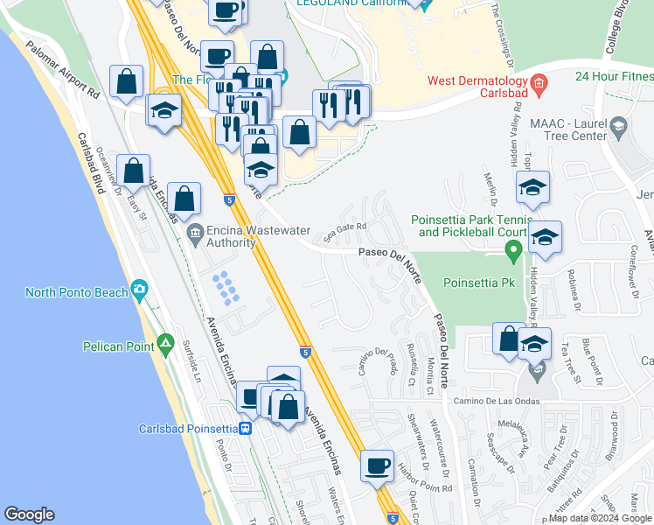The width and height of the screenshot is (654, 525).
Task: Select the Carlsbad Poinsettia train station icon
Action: (247, 429)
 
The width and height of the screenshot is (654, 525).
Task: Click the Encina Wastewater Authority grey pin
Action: (195, 233)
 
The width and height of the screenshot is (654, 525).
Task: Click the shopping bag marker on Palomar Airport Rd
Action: (127, 81)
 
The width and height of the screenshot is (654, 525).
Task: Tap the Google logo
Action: (29, 515)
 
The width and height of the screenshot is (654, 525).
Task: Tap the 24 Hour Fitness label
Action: (614, 75)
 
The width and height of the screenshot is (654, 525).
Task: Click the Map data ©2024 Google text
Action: (599, 518)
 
